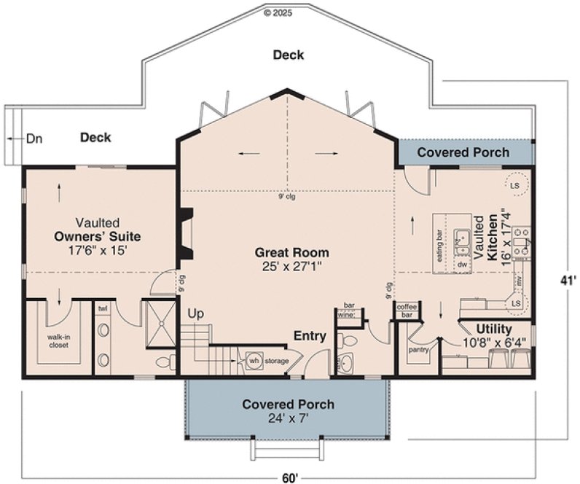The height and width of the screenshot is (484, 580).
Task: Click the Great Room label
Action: coord(291,253)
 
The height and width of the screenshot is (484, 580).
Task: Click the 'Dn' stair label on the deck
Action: coord(34,138)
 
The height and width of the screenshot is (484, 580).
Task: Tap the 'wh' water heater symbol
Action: coord(254,360)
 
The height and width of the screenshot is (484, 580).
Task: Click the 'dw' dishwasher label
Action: coord(462,265)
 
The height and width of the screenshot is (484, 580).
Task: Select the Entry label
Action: coord(309,335)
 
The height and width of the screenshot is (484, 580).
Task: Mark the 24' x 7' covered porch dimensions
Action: coord(288,418)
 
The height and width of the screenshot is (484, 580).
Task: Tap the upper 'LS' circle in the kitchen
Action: coord(515,185)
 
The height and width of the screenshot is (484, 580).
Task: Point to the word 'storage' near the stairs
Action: coord(277,361)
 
